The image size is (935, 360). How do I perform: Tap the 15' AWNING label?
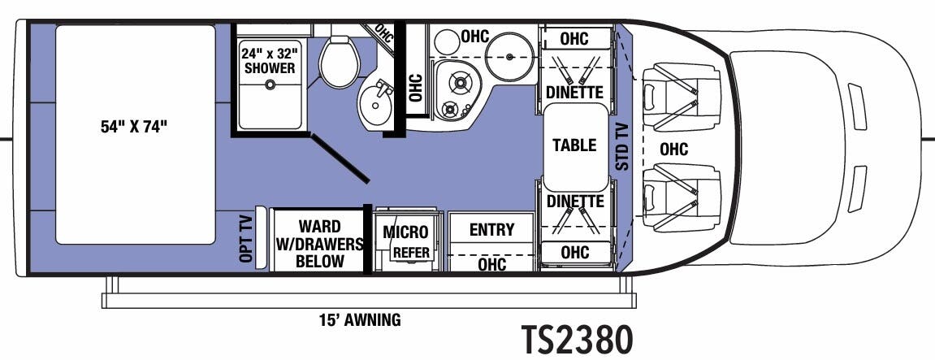click(359, 319)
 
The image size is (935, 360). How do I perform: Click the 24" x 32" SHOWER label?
click(269, 61)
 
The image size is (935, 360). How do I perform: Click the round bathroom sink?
click(376, 105)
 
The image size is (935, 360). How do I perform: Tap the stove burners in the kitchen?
click(456, 91)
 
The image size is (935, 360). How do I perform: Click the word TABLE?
click(574, 145)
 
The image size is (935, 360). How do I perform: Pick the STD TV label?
click(622, 146)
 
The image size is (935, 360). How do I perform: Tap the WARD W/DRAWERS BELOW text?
click(318, 244)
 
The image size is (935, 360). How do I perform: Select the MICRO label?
click(405, 233)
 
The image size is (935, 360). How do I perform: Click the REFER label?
click(410, 253)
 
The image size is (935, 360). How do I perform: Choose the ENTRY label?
click(491, 230)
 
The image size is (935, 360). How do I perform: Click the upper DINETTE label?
click(574, 93)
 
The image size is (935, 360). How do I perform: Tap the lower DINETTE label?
click(574, 202)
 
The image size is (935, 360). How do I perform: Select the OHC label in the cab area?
click(673, 149)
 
